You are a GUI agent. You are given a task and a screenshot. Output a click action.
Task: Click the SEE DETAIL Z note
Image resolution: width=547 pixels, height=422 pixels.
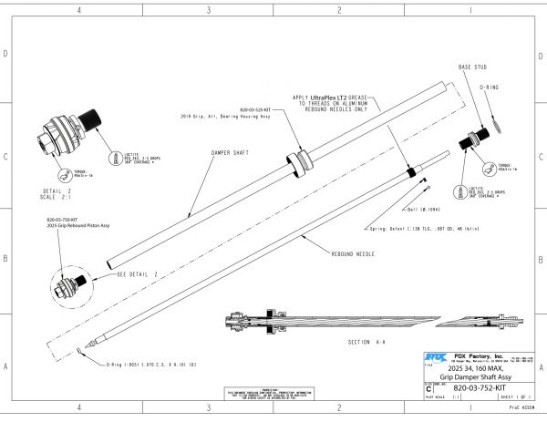point(132,273)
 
